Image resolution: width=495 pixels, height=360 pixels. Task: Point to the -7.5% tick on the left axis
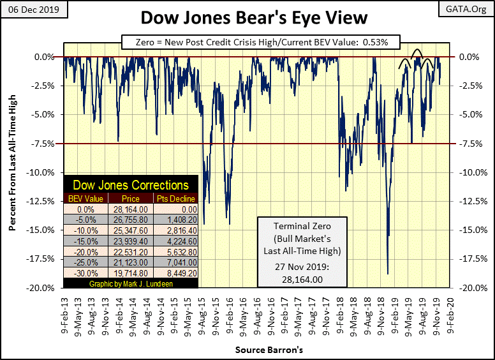click(44, 144)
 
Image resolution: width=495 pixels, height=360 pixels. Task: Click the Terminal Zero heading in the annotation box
click(294, 227)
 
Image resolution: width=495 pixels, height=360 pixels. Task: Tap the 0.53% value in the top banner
click(387, 42)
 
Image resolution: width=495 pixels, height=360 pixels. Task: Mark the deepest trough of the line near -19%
click(388, 274)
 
